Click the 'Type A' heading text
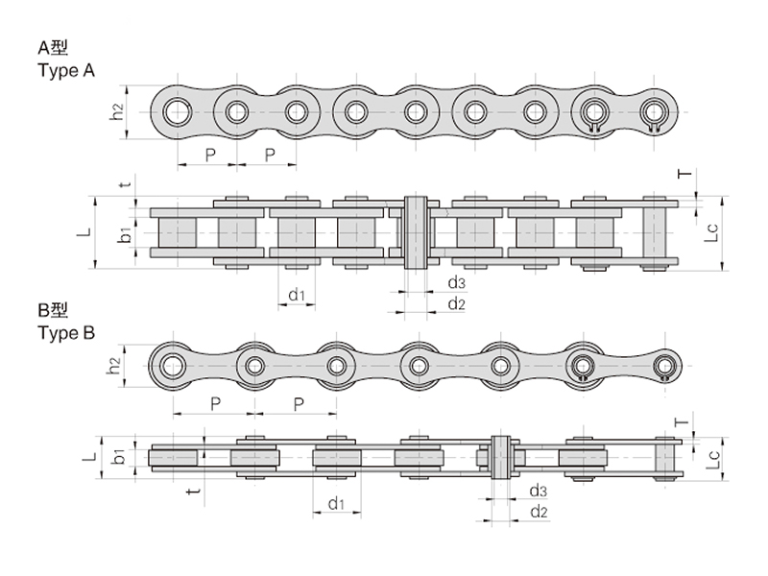tap(66, 71)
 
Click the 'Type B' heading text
tap(66, 333)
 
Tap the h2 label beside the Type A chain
tap(116, 112)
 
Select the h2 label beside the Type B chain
tap(113, 366)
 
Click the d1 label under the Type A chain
tap(297, 295)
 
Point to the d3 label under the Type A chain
tap(457, 282)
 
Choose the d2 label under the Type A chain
tap(457, 303)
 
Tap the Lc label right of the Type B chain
tap(713, 459)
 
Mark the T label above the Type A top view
tap(685, 174)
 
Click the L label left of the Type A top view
tap(84, 231)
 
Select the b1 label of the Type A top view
tap(126, 234)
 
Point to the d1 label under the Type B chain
tap(337, 503)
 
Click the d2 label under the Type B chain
tap(539, 512)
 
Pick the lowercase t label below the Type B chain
tap(195, 490)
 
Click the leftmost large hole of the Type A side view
tap(178, 112)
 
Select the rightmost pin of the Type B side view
tap(663, 366)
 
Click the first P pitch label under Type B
tap(215, 403)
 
